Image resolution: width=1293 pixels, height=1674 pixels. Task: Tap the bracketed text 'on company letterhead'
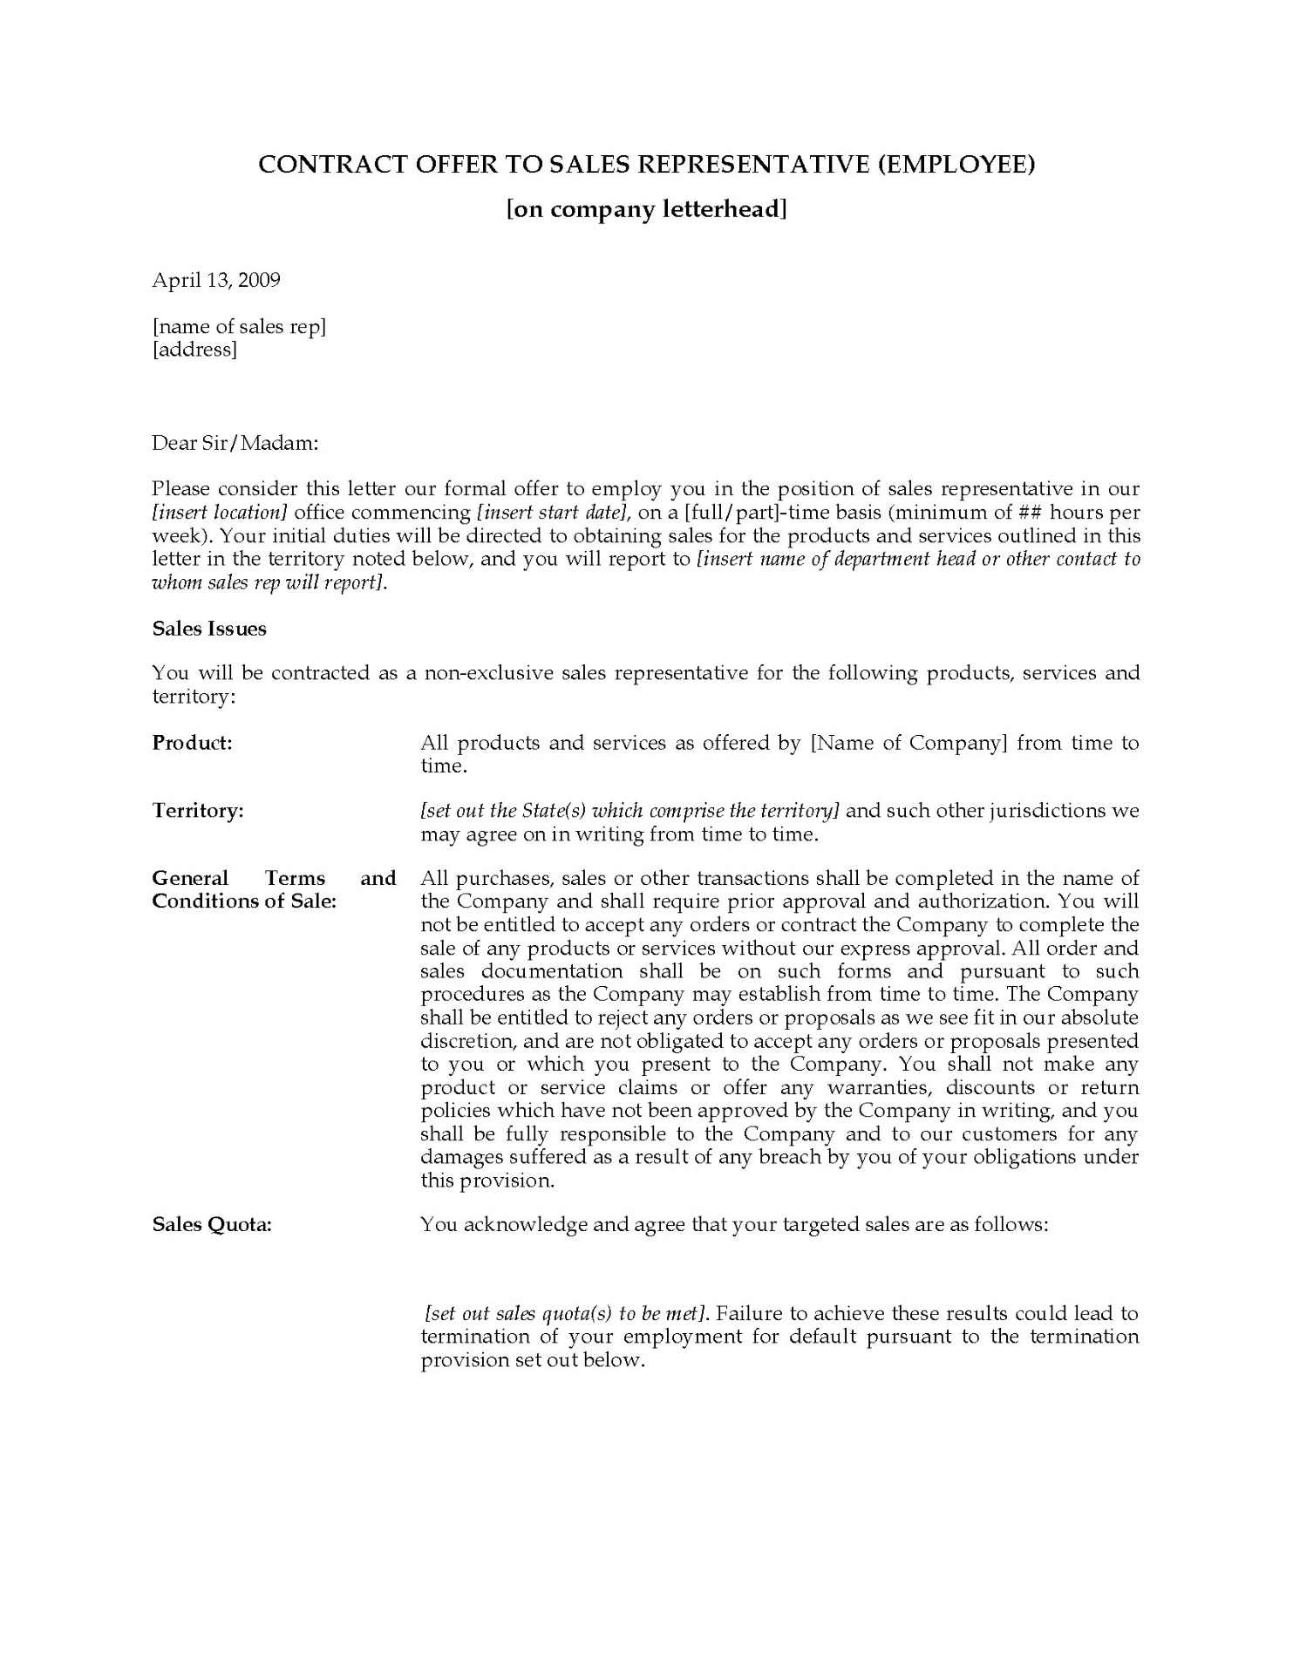(647, 210)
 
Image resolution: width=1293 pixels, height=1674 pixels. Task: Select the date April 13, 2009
(216, 280)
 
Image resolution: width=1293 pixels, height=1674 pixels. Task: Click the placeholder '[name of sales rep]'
(239, 327)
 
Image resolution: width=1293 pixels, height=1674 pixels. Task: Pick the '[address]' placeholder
(194, 350)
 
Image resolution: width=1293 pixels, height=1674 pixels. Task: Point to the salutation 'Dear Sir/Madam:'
(235, 443)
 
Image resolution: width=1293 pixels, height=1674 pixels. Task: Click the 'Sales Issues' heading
(209, 629)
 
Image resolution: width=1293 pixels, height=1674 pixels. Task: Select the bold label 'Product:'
(192, 743)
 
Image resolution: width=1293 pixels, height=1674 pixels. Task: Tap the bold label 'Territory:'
(198, 811)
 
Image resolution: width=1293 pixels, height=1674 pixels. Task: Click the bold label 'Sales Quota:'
(212, 1225)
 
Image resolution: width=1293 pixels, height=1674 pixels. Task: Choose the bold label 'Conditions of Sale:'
(244, 902)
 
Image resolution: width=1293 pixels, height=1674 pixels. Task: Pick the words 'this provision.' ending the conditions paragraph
(487, 1181)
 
